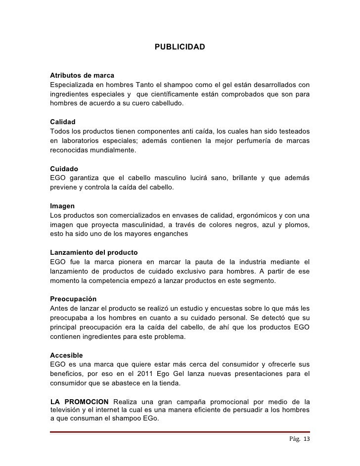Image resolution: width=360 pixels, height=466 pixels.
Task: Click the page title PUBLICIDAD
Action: (x=180, y=47)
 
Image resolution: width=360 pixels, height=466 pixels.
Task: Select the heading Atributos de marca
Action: (x=82, y=76)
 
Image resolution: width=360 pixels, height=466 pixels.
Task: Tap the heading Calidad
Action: (x=63, y=122)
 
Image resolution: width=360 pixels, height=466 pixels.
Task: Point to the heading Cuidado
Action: (x=64, y=169)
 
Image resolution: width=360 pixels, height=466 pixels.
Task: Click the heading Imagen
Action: (x=63, y=206)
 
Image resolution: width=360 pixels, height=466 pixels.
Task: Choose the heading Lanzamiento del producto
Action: (x=94, y=252)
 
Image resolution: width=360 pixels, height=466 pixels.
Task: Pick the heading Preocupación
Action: (x=73, y=299)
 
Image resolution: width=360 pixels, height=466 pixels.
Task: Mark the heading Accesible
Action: (x=67, y=355)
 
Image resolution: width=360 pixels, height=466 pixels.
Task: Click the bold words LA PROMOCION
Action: (x=80, y=401)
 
